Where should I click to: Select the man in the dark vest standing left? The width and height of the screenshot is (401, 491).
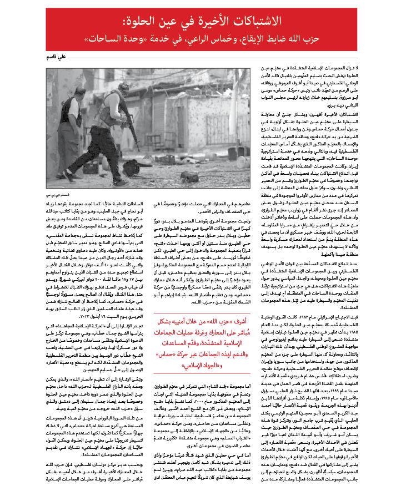point(72,122)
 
